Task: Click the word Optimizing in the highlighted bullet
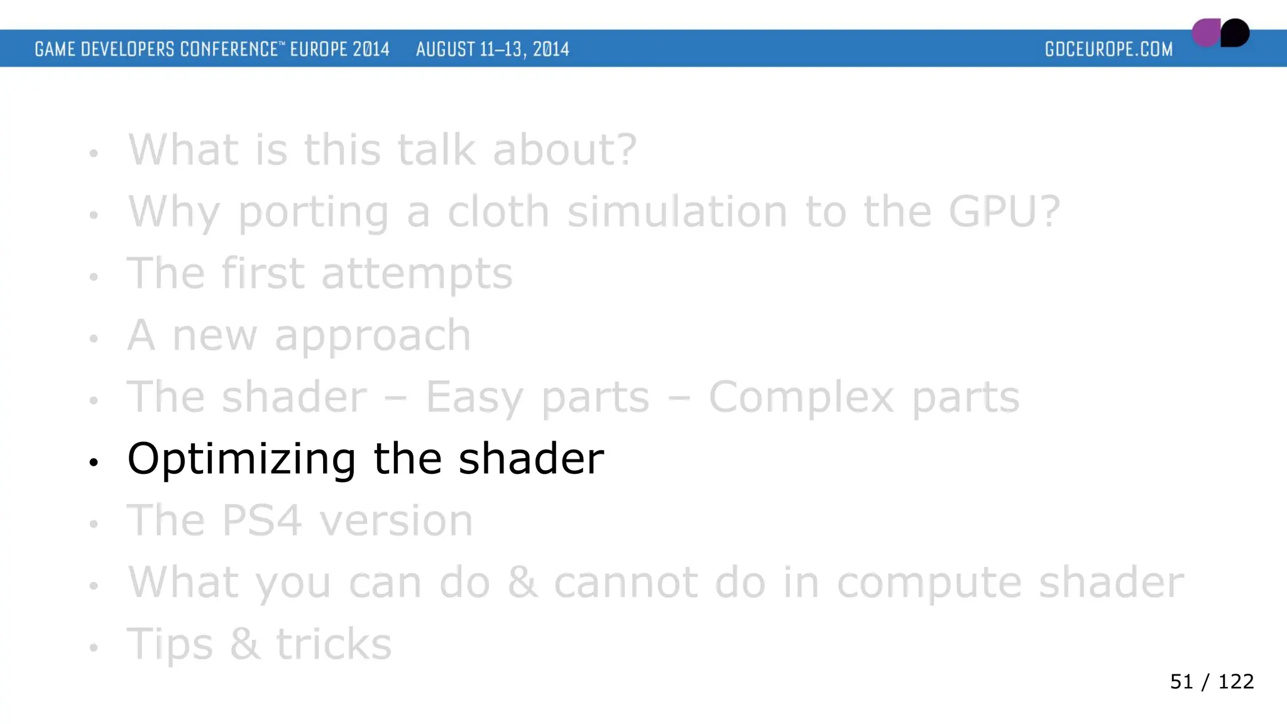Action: pyautogui.click(x=241, y=459)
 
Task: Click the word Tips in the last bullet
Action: pyautogui.click(x=170, y=645)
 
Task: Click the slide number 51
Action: pyautogui.click(x=1181, y=682)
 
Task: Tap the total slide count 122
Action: pyautogui.click(x=1235, y=682)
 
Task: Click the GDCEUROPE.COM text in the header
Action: pyautogui.click(x=1109, y=49)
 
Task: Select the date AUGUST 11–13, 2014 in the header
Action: pyautogui.click(x=492, y=49)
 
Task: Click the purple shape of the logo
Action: pyautogui.click(x=1205, y=33)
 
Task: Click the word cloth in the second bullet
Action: pyautogui.click(x=498, y=211)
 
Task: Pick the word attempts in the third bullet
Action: pyautogui.click(x=417, y=273)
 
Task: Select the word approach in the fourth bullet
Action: pyautogui.click(x=372, y=336)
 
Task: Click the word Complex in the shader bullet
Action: pyautogui.click(x=801, y=397)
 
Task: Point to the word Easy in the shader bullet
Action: pyautogui.click(x=474, y=398)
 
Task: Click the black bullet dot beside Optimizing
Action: pyautogui.click(x=94, y=463)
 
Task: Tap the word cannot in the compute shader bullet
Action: pyautogui.click(x=625, y=583)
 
